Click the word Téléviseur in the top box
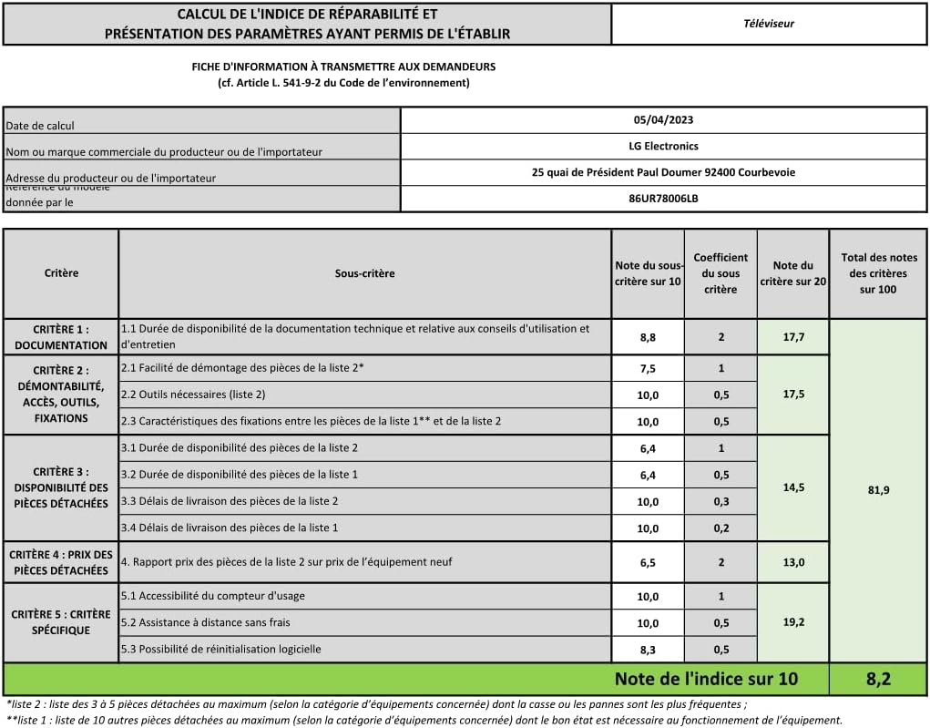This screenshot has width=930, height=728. pos(768,24)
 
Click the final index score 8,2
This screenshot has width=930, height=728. pos(877,679)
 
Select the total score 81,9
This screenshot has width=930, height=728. pos(878,490)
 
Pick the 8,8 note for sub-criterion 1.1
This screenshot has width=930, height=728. pos(648,337)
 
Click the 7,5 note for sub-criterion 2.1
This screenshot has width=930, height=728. pos(648,368)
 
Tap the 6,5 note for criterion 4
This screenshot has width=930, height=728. pos(648,562)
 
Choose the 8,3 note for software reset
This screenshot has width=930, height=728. pos(648,650)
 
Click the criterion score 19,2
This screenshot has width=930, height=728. pos(792,623)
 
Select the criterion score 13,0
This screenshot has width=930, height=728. pos(792,562)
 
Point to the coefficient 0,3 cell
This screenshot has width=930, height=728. pos(720,501)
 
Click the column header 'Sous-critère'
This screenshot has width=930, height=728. pos(364,273)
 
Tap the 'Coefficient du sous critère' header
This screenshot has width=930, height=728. pos(720,273)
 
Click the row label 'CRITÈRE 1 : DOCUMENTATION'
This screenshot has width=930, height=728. pos(61,337)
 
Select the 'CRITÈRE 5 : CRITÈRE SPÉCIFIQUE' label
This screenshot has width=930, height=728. pos(61,622)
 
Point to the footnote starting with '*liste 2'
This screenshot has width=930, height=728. pos(376,704)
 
